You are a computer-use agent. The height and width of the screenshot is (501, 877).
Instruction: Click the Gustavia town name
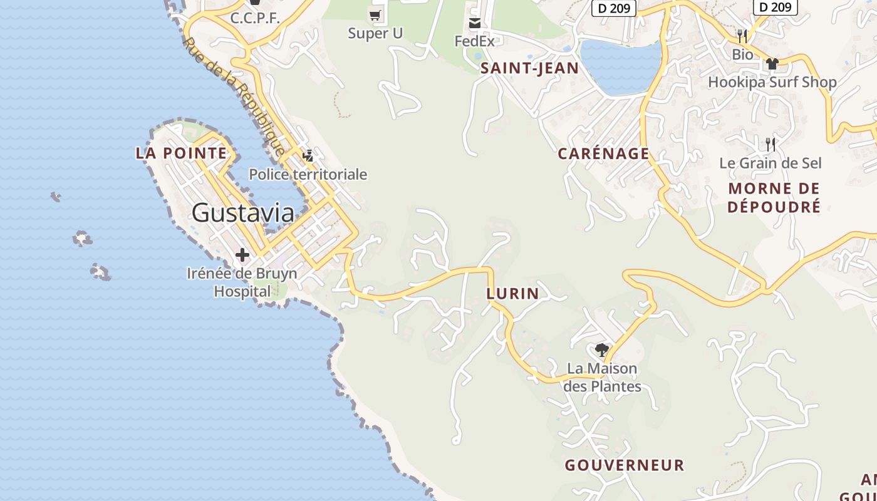pos(242,213)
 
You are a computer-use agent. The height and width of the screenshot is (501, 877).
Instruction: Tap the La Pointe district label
pos(181,153)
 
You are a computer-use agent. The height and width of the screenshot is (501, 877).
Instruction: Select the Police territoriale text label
pos(308,174)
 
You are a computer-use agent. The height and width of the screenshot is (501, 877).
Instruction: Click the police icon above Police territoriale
pos(308,155)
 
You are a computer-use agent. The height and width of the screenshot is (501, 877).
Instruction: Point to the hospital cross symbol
pos(242,255)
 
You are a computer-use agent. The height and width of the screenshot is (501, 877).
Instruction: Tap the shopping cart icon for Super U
pos(375,15)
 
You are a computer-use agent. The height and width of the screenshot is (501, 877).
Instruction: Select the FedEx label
pos(474,41)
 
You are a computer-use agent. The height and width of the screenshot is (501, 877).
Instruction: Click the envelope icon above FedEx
pos(475,24)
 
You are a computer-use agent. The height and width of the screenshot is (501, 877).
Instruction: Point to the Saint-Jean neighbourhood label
pos(529,68)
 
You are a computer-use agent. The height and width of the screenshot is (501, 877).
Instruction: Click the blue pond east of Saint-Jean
pos(620,66)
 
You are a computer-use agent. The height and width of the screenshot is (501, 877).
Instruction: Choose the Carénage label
pos(603,153)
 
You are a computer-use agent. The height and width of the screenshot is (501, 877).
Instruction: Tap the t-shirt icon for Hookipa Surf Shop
pos(772,64)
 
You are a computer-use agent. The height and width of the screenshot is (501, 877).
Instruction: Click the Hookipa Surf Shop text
pos(772,82)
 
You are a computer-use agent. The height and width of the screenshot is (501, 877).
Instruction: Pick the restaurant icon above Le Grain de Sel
pos(771,145)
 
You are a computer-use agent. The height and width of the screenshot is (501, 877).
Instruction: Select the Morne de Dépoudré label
pos(774,197)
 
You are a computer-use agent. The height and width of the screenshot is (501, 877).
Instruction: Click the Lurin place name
pos(512,293)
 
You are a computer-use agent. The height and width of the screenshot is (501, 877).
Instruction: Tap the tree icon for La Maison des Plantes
pos(602,350)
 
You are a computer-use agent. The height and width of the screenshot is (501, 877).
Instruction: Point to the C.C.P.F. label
pos(254,18)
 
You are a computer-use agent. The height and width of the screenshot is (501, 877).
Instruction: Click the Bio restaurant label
pos(742,54)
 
